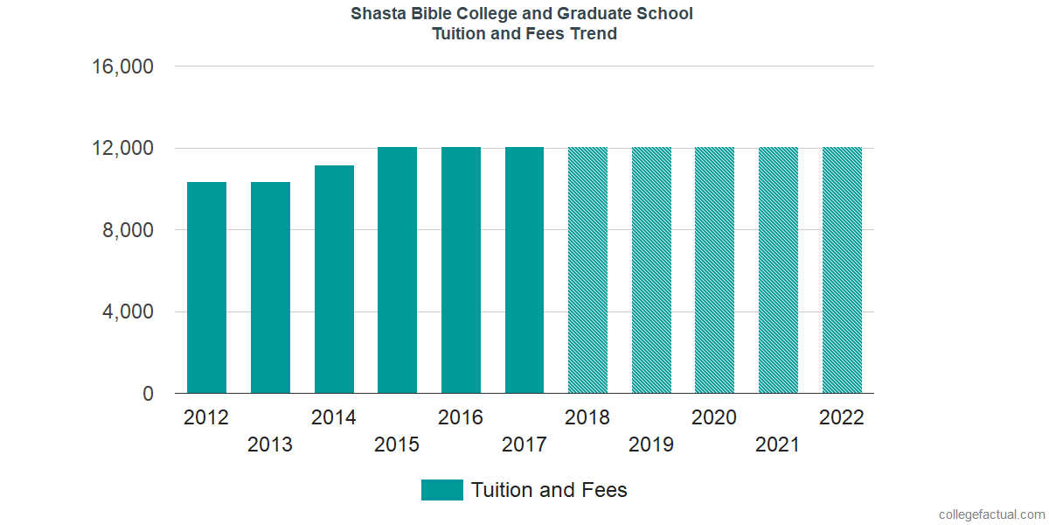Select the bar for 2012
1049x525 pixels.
click(x=206, y=288)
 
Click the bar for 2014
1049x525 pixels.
click(x=334, y=279)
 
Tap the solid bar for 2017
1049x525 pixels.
click(x=524, y=270)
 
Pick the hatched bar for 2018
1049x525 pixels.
click(x=587, y=270)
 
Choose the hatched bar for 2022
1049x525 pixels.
click(x=842, y=270)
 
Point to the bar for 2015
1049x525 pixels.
click(x=397, y=270)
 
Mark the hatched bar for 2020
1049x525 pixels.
click(x=714, y=270)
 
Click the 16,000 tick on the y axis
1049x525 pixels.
click(x=123, y=66)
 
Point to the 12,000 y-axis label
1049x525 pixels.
click(x=123, y=149)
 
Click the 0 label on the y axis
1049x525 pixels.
click(x=148, y=395)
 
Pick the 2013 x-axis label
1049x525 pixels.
click(x=270, y=445)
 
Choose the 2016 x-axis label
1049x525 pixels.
click(x=461, y=417)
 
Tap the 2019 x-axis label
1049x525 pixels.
click(x=651, y=445)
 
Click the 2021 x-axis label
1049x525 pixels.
click(x=778, y=445)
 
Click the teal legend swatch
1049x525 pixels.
click(x=441, y=490)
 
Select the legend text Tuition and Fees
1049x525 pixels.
click(x=549, y=490)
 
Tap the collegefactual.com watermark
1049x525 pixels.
click(x=990, y=514)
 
